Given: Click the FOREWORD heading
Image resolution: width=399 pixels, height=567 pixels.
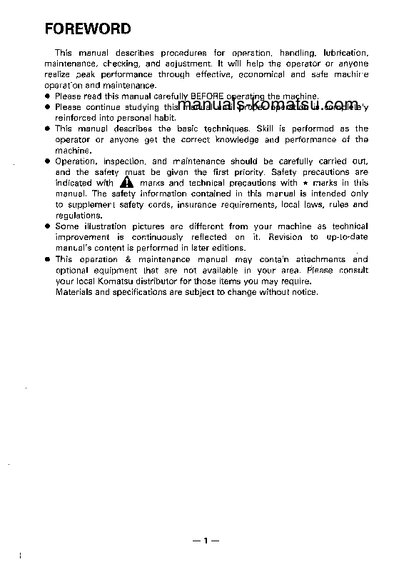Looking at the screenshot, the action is click(88, 29).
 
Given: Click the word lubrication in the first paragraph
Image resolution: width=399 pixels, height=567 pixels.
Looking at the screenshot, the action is click(345, 54).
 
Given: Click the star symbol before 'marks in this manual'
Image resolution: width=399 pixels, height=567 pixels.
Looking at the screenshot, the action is click(305, 183).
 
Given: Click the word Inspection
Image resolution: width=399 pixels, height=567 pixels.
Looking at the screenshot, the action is click(126, 161).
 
